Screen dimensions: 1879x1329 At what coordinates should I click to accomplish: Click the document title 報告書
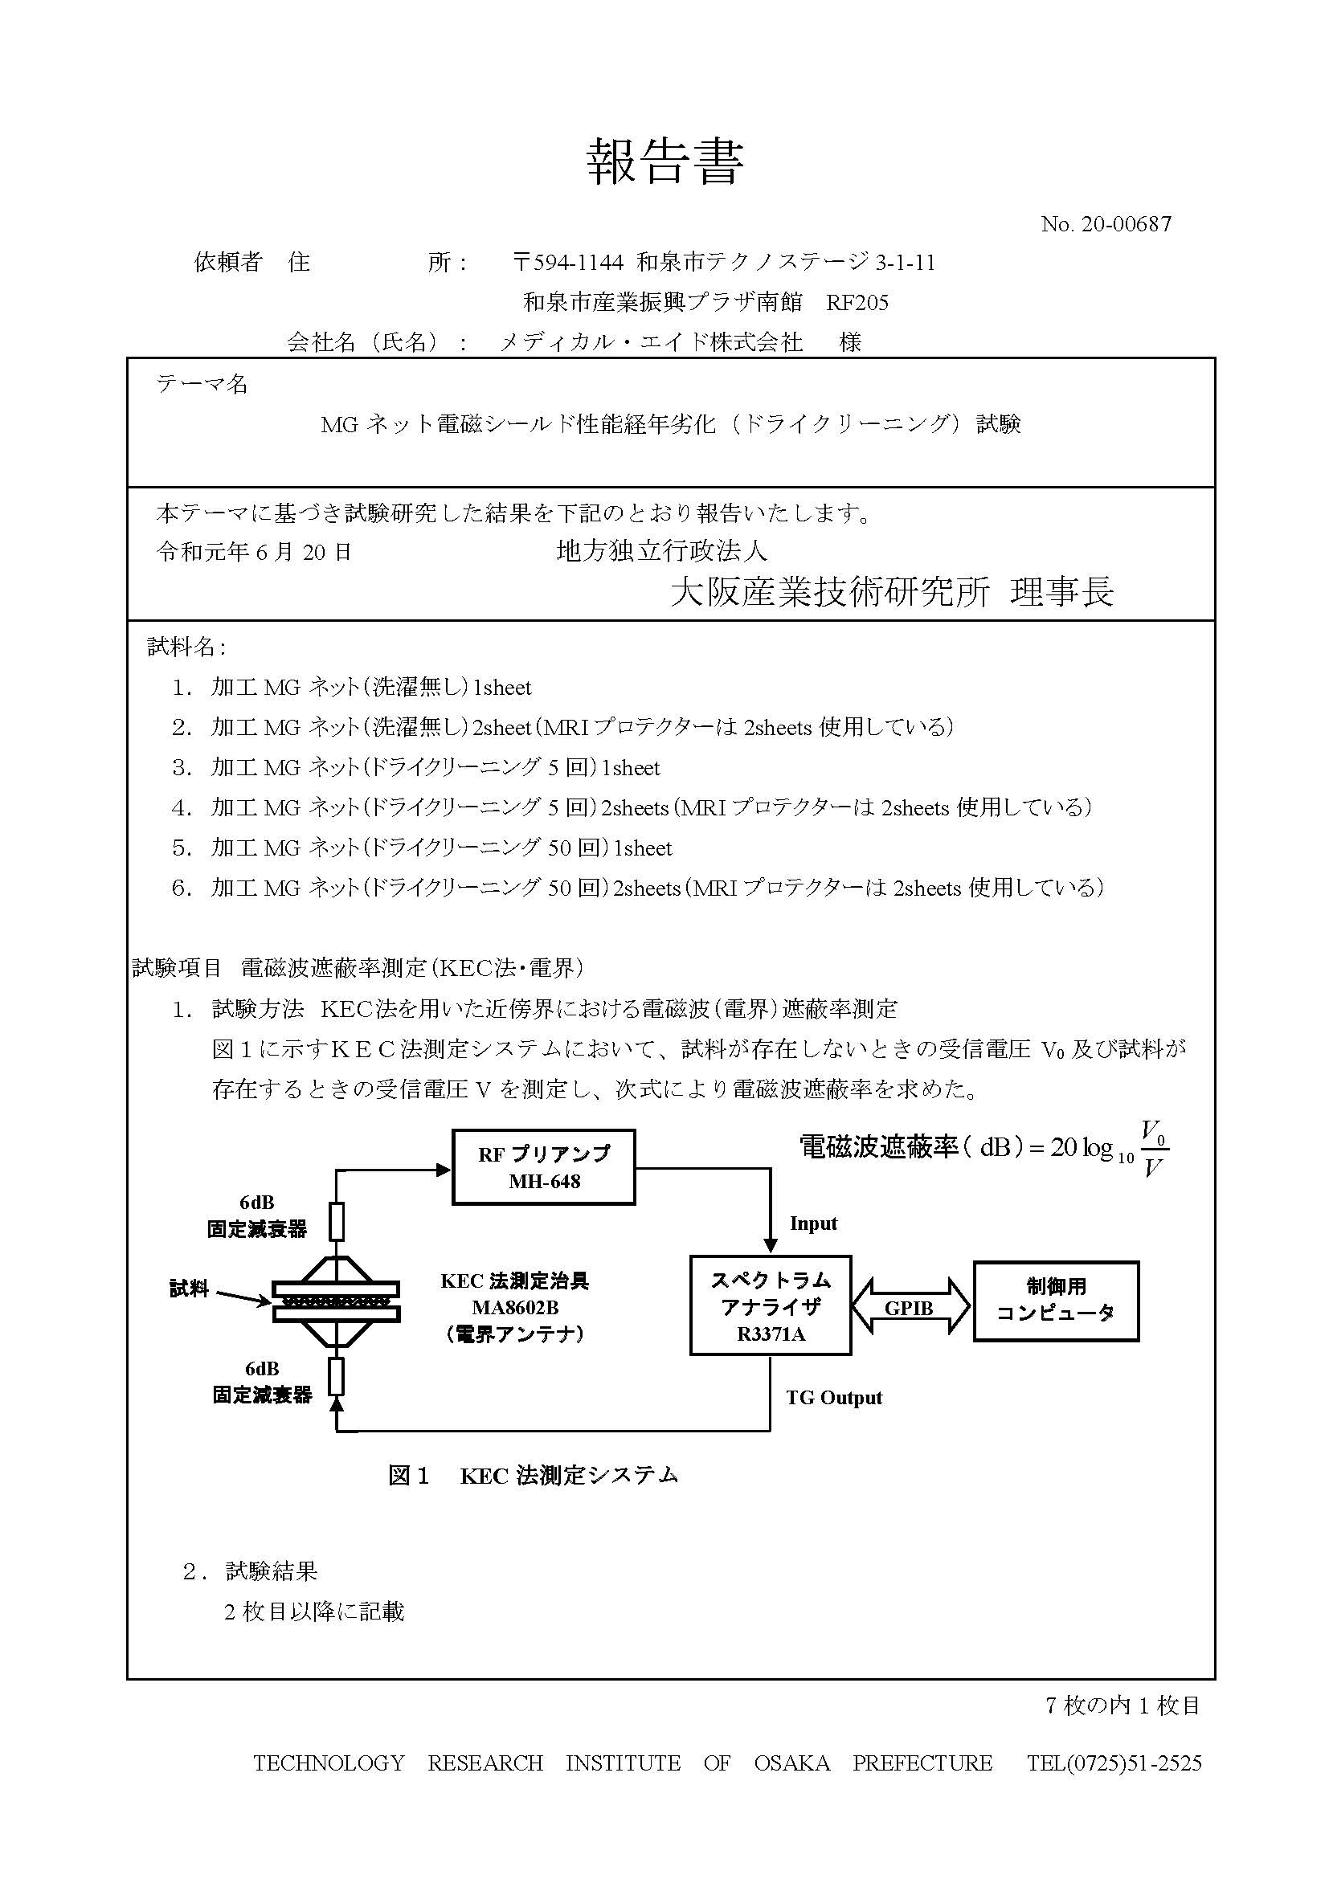click(664, 162)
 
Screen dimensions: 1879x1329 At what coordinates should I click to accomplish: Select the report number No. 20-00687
click(1106, 223)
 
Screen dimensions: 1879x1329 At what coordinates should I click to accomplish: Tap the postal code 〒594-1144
click(568, 262)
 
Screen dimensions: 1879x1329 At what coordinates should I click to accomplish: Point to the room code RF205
click(857, 303)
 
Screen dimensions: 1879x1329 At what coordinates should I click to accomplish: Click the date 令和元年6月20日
click(254, 552)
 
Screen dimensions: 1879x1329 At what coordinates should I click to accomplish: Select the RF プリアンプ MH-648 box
click(543, 1167)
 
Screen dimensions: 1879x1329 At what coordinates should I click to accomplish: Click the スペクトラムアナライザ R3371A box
click(770, 1305)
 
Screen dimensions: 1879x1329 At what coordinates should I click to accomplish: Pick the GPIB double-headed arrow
click(910, 1307)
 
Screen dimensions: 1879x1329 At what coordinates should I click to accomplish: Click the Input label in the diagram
click(812, 1223)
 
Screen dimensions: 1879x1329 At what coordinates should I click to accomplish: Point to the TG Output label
click(834, 1397)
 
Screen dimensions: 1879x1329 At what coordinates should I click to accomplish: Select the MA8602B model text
click(515, 1307)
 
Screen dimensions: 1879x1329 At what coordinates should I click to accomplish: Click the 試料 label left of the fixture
click(189, 1289)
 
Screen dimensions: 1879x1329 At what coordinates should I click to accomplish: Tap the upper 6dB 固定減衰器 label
click(256, 1216)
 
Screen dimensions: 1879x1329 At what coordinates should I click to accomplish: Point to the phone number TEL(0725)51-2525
click(1114, 1763)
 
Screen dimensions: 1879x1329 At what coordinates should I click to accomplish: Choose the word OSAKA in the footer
click(791, 1763)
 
